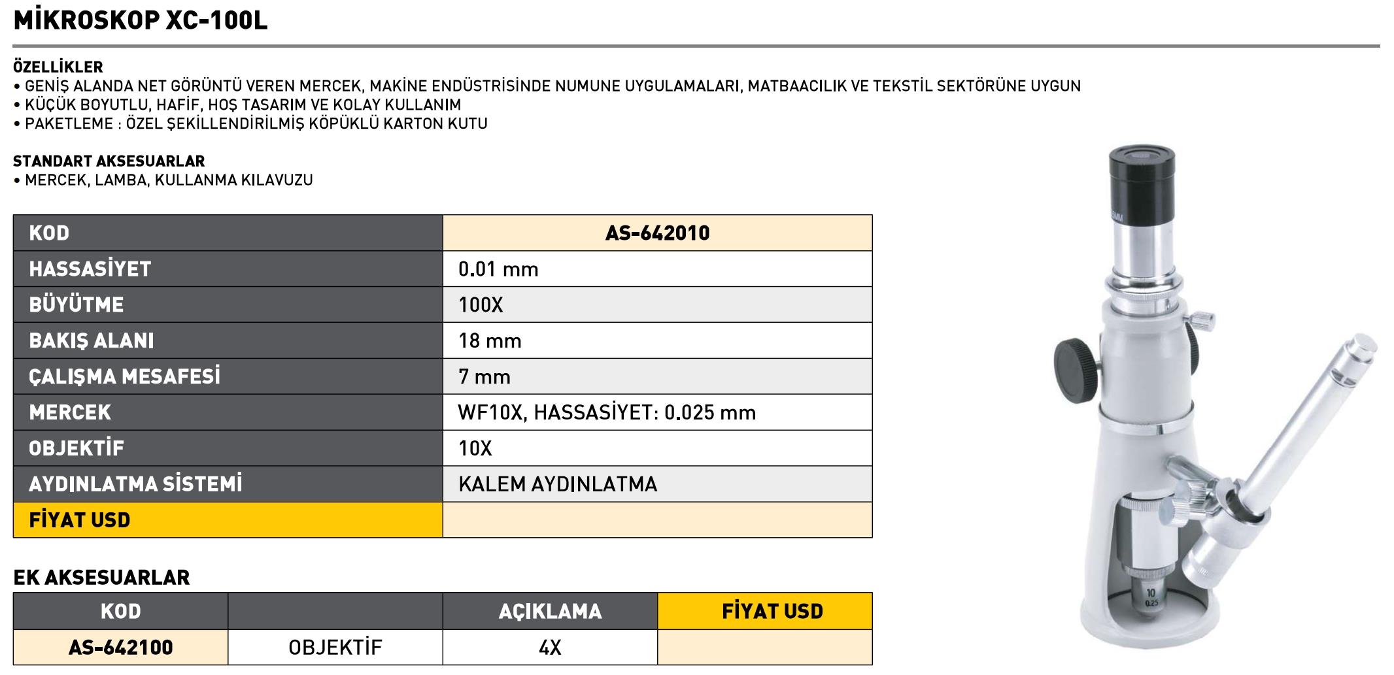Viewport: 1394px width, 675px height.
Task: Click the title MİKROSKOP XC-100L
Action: [x=140, y=21]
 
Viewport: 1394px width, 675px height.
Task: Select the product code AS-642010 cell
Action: [x=657, y=233]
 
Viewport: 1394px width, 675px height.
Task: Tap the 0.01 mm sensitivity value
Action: [x=498, y=269]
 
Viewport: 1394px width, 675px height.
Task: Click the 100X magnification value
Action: [x=481, y=305]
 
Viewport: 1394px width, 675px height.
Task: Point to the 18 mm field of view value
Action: [x=490, y=341]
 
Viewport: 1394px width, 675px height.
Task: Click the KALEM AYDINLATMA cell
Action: [x=558, y=484]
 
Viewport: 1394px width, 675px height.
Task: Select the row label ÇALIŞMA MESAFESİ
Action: [x=124, y=377]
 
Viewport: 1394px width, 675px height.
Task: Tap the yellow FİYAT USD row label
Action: [x=80, y=520]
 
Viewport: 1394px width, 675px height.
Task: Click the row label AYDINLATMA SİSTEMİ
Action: [x=135, y=484]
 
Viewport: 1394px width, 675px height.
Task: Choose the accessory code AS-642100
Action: [x=121, y=648]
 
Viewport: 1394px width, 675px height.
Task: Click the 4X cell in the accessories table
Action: [x=550, y=648]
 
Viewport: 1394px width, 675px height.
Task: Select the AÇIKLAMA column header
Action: [x=550, y=612]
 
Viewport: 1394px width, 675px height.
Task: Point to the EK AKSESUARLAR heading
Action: [x=101, y=578]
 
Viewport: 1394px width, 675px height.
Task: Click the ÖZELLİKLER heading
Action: [x=58, y=67]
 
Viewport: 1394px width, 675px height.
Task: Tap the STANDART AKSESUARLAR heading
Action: [x=109, y=161]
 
